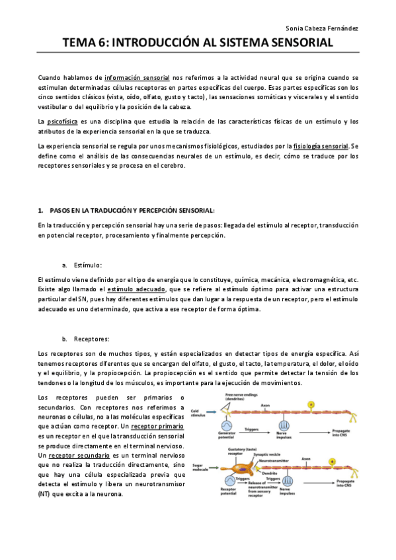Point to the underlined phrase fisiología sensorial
(321, 146)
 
